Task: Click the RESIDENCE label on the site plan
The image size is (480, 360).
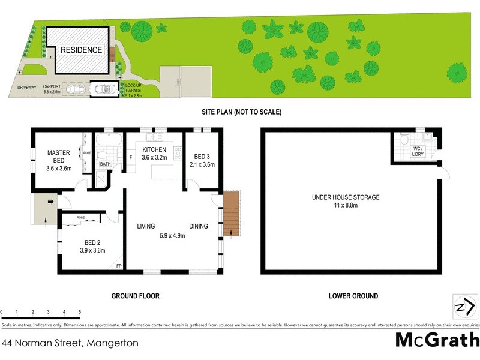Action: (80, 50)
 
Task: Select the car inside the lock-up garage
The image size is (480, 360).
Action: (105, 89)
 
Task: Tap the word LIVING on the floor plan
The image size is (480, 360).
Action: (146, 226)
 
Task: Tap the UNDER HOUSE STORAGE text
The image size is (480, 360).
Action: (345, 197)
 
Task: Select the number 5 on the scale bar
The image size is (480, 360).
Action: (80, 312)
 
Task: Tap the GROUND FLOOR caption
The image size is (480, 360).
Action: (135, 296)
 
